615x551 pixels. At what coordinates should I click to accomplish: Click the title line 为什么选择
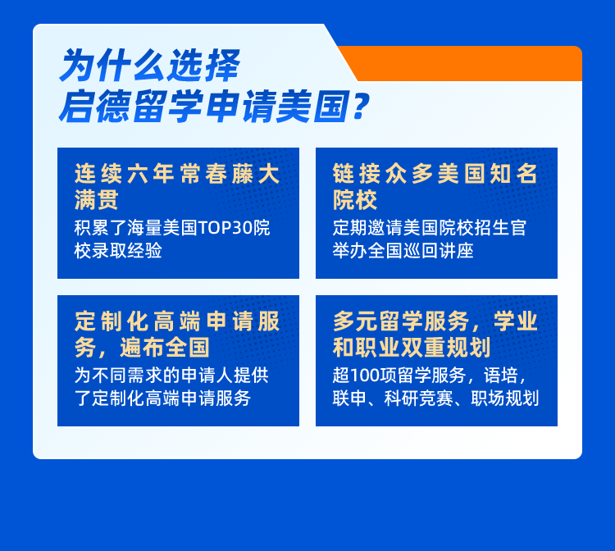(x=149, y=66)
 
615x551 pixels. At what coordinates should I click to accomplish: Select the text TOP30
(x=226, y=228)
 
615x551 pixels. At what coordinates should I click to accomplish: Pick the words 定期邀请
(x=362, y=228)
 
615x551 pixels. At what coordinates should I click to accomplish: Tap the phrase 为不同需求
(x=113, y=376)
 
